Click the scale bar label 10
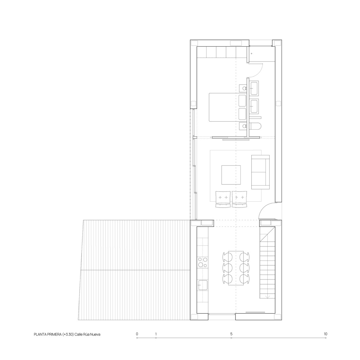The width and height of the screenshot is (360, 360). [325, 334]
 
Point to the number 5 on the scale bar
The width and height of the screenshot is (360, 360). [231, 334]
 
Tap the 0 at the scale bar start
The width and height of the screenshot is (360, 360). [137, 334]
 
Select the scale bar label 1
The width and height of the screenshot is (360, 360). [156, 334]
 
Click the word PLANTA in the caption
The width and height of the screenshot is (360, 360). [41, 334]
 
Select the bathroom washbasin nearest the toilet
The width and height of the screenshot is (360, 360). [254, 105]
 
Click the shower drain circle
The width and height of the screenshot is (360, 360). [251, 53]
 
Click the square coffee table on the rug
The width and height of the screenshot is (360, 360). [231, 175]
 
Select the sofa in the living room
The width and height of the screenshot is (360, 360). [260, 172]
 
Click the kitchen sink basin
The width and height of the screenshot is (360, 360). [203, 285]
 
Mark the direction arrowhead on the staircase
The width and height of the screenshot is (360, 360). [267, 297]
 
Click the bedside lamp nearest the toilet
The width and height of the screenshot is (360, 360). [243, 126]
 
